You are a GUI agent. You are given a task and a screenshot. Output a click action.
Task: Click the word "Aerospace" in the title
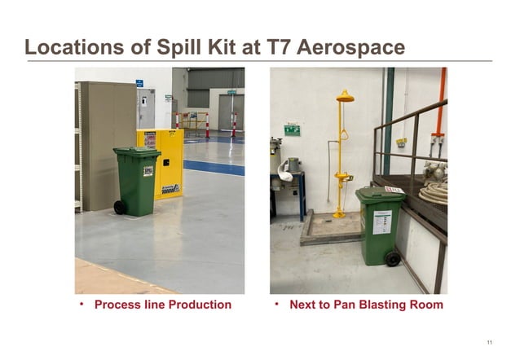351,47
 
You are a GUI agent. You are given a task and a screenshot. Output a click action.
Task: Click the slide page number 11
489,341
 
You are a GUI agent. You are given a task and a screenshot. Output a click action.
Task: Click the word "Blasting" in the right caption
372,305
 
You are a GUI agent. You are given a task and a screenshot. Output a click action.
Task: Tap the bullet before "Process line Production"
82,304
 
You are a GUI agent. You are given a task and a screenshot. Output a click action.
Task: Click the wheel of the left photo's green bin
121,207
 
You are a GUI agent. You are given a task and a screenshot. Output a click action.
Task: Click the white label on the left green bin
148,171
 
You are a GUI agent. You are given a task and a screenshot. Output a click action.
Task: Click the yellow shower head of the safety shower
345,97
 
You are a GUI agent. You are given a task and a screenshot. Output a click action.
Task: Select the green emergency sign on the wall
292,130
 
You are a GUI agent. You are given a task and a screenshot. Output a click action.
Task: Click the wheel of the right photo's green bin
393,257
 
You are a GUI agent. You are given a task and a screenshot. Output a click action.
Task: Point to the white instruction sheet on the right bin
381,222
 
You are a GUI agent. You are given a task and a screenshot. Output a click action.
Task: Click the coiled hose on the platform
433,192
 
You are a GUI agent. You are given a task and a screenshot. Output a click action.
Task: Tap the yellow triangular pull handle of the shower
343,134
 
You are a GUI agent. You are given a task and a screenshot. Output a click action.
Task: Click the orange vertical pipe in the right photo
441,102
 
